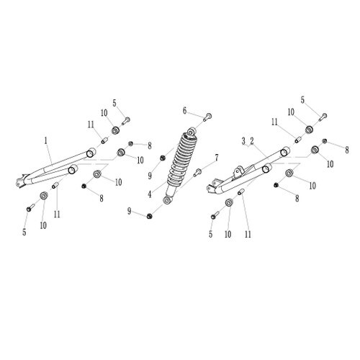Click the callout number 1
click(x=45, y=140)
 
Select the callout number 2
click(x=252, y=141)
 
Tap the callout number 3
click(x=243, y=141)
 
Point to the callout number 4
click(x=150, y=194)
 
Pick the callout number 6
click(x=184, y=111)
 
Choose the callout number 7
click(x=217, y=158)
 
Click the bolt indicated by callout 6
click(x=208, y=117)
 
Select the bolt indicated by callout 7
click(x=197, y=172)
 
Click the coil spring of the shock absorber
click(x=182, y=159)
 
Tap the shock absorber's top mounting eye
click(x=192, y=132)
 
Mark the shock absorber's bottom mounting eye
click(x=167, y=199)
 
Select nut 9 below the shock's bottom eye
click(x=150, y=216)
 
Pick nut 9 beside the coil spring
click(x=163, y=158)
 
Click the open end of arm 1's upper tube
click(x=90, y=153)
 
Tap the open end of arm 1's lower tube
click(x=72, y=170)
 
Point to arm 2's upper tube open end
click(x=284, y=152)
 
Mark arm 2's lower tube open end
click(x=266, y=168)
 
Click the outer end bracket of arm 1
click(x=21, y=181)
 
